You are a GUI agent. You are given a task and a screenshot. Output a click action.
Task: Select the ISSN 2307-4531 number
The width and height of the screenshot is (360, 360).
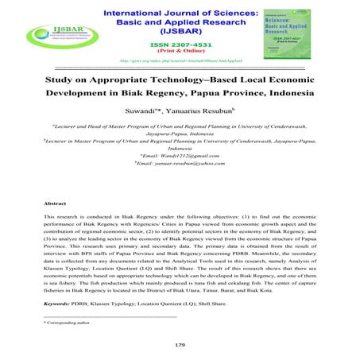tap(179, 45)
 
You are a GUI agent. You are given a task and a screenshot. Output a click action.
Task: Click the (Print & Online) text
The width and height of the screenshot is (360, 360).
tap(179, 53)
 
